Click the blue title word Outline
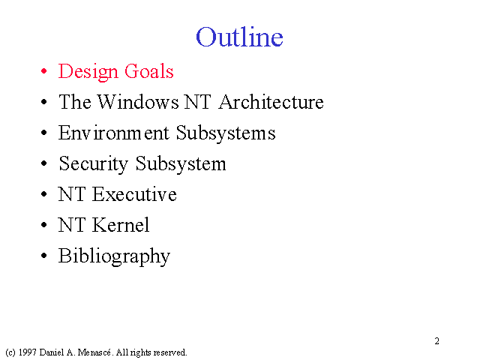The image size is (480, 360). (239, 37)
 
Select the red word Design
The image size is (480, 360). (88, 72)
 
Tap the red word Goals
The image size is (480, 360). (149, 71)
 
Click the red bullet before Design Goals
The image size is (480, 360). (44, 71)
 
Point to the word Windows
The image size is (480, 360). (138, 102)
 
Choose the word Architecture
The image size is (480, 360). (271, 102)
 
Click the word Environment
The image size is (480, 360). (113, 133)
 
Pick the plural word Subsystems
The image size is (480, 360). (226, 133)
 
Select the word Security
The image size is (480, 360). (93, 164)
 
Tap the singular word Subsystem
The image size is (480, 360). (181, 164)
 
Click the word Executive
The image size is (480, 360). (134, 194)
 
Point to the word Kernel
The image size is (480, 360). (121, 225)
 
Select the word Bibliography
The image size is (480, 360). (114, 256)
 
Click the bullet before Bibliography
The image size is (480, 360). (44, 256)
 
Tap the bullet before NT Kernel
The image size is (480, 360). (44, 225)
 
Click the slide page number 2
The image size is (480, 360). (436, 341)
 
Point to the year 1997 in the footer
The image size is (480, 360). (28, 352)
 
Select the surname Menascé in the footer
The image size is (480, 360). (94, 352)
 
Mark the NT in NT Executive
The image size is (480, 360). (72, 194)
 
